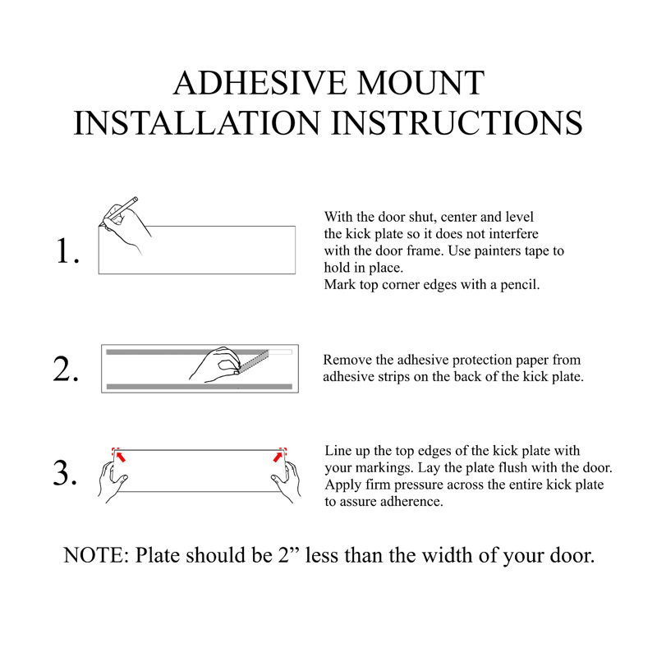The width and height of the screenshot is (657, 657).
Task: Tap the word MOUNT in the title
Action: click(x=421, y=84)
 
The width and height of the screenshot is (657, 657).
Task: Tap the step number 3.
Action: click(x=66, y=473)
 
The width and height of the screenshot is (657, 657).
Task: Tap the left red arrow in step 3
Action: click(x=120, y=457)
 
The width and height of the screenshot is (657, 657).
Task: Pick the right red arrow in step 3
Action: click(x=280, y=457)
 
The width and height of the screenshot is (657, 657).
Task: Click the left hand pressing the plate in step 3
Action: click(x=112, y=480)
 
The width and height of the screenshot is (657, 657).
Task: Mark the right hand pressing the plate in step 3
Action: click(x=288, y=480)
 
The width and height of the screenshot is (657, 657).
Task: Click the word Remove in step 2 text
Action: click(x=346, y=360)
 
